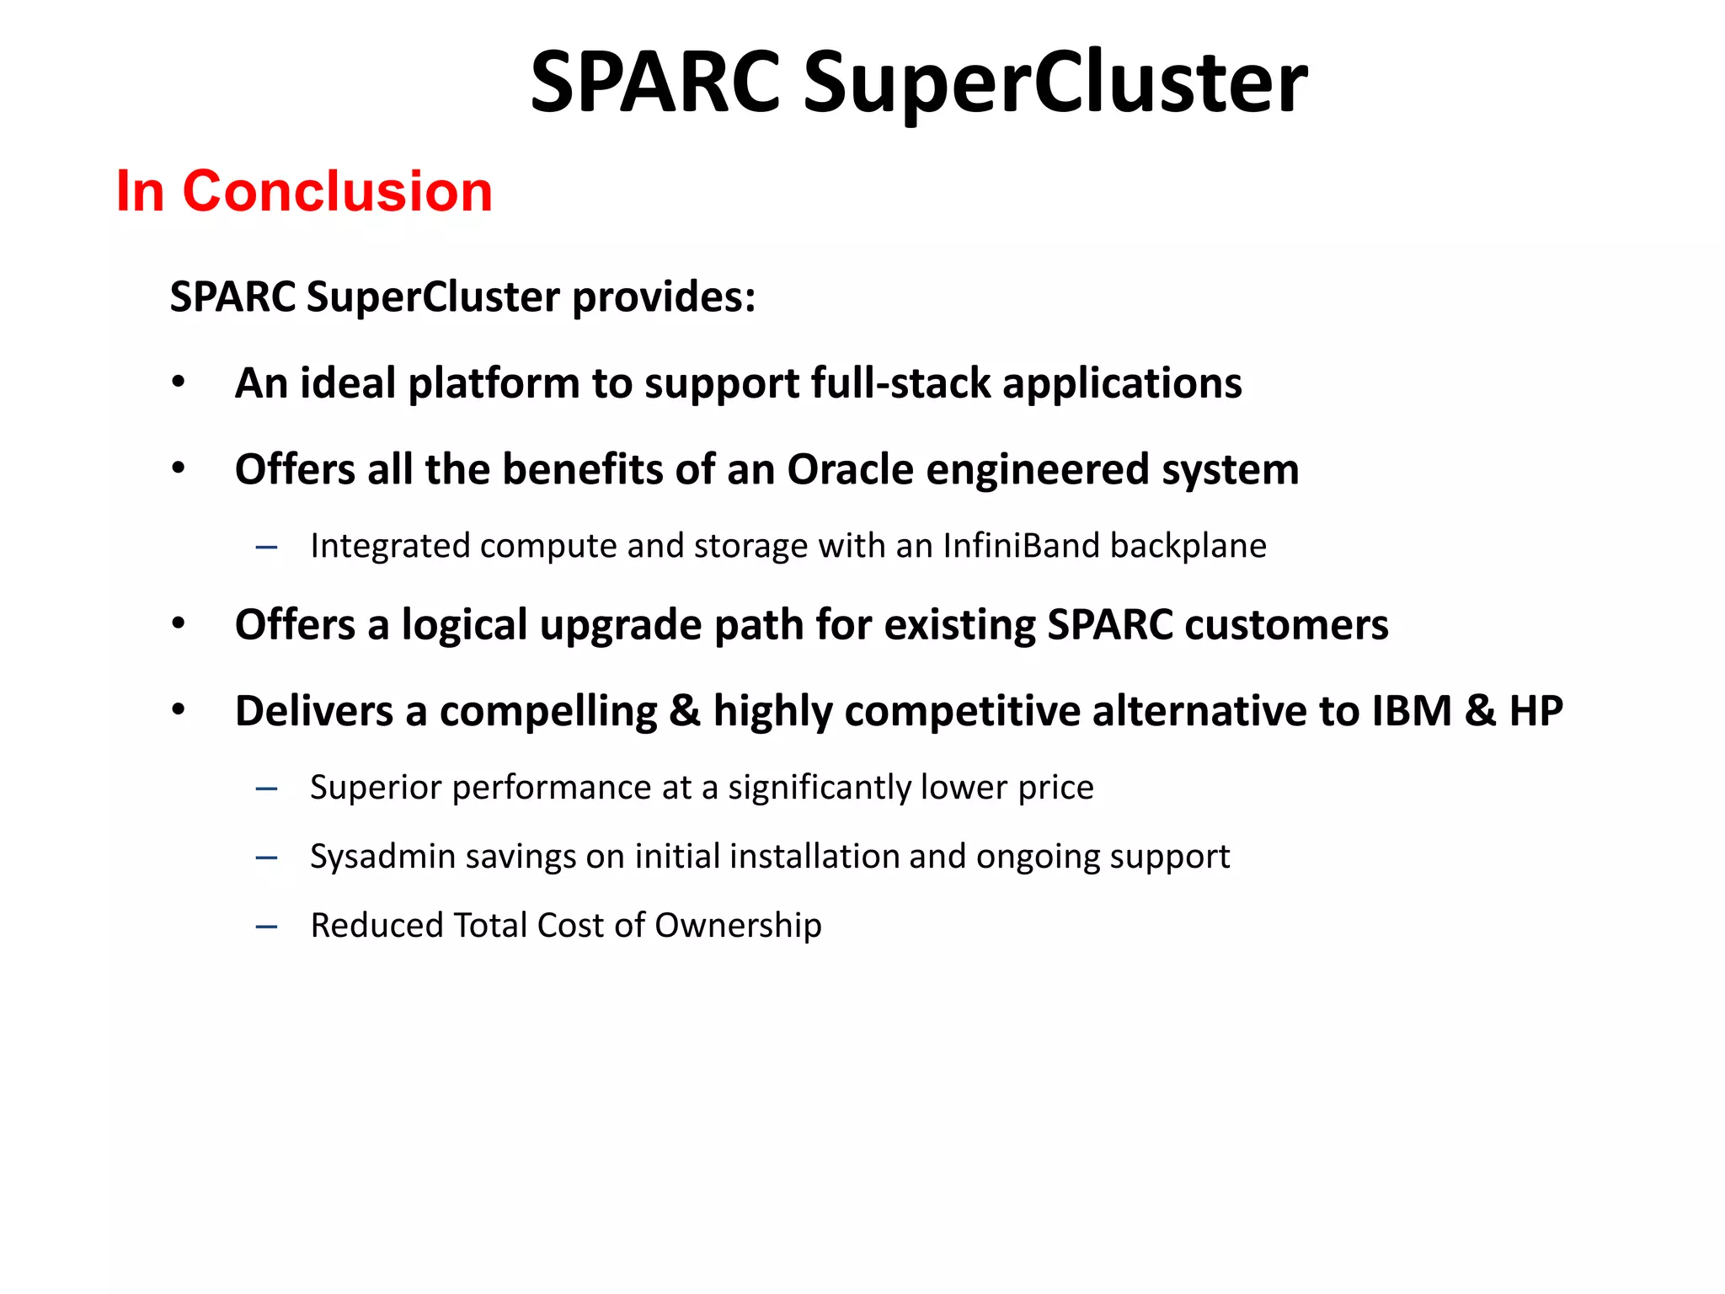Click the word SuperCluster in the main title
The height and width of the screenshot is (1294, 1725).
click(x=1055, y=83)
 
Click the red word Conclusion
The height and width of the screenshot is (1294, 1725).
click(x=337, y=191)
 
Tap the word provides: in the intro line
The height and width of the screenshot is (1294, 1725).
click(x=664, y=297)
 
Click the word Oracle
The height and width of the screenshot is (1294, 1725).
click(x=850, y=469)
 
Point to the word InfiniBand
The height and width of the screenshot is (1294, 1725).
click(x=1020, y=546)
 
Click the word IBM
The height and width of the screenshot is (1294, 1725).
click(x=1412, y=711)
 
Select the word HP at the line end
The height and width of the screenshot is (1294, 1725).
click(x=1535, y=711)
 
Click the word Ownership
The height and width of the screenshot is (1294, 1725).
click(x=738, y=925)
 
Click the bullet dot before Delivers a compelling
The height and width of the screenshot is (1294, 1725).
click(x=179, y=710)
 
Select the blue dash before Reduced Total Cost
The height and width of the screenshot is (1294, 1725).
click(x=266, y=927)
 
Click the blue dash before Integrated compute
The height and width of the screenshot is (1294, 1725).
click(x=266, y=548)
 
